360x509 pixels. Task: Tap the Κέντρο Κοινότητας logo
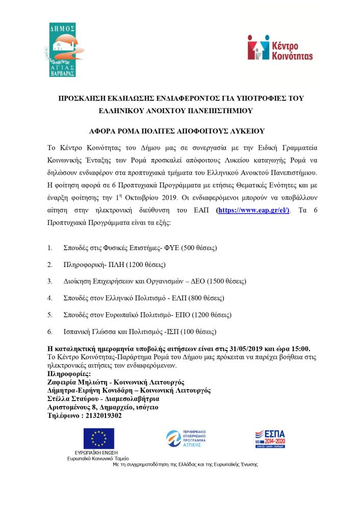tap(279, 47)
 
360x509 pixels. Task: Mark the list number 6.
tap(49, 331)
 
